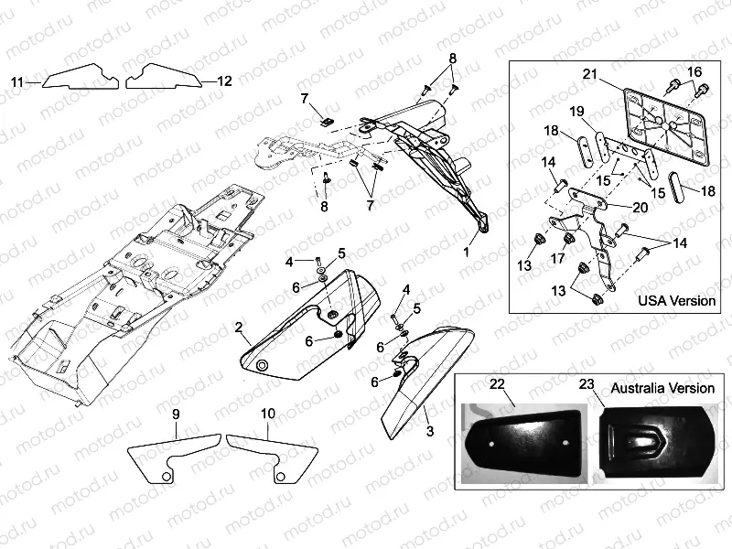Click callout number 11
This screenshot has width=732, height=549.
[16, 82]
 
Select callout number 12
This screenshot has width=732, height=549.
[224, 81]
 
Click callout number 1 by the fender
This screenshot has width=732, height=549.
[465, 249]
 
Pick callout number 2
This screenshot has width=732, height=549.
[238, 327]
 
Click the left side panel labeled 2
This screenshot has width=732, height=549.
[302, 339]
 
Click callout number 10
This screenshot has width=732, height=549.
[266, 414]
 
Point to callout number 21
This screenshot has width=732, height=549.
[589, 73]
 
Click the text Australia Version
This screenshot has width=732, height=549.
[663, 387]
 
